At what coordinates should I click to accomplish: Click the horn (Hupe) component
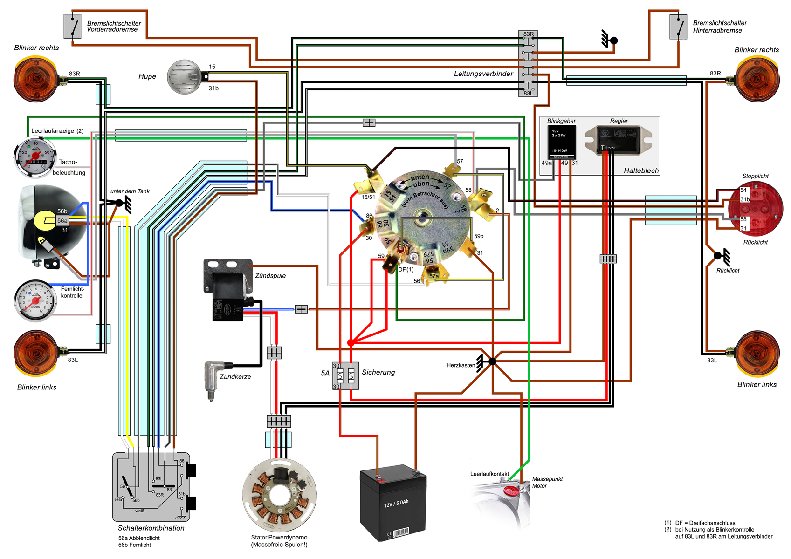[x=185, y=77]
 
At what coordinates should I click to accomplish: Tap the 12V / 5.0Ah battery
[x=393, y=503]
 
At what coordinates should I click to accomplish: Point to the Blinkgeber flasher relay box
[x=561, y=142]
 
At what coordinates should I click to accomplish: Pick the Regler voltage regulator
[x=619, y=139]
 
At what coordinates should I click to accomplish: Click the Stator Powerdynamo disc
[x=279, y=495]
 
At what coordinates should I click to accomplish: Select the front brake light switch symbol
[x=72, y=26]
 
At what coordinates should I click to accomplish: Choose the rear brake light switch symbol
[x=678, y=27]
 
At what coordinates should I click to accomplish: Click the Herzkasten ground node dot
[x=493, y=361]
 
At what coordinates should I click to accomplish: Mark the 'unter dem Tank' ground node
[x=119, y=203]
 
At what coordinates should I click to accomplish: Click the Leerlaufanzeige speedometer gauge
[x=35, y=157]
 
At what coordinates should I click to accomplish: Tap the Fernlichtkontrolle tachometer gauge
[x=35, y=301]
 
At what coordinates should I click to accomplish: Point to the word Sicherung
[x=378, y=372]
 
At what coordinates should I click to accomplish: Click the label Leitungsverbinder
[x=483, y=74]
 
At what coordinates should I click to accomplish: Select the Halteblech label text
[x=641, y=171]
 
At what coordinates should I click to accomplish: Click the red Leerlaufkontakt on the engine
[x=511, y=490]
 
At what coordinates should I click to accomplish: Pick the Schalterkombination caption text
[x=151, y=528]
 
